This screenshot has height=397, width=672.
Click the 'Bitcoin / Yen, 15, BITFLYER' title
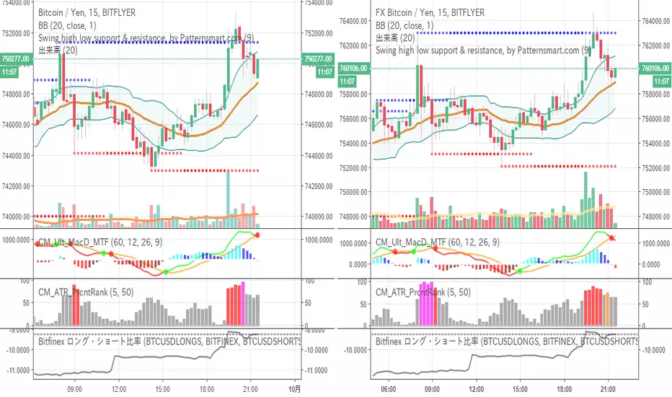86,13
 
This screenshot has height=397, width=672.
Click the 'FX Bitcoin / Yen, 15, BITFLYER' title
430,13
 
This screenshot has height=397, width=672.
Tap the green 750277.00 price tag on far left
16,59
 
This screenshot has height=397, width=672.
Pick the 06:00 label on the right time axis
383,387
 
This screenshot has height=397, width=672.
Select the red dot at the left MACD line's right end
257,235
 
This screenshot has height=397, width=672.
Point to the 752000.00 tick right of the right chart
655,167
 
